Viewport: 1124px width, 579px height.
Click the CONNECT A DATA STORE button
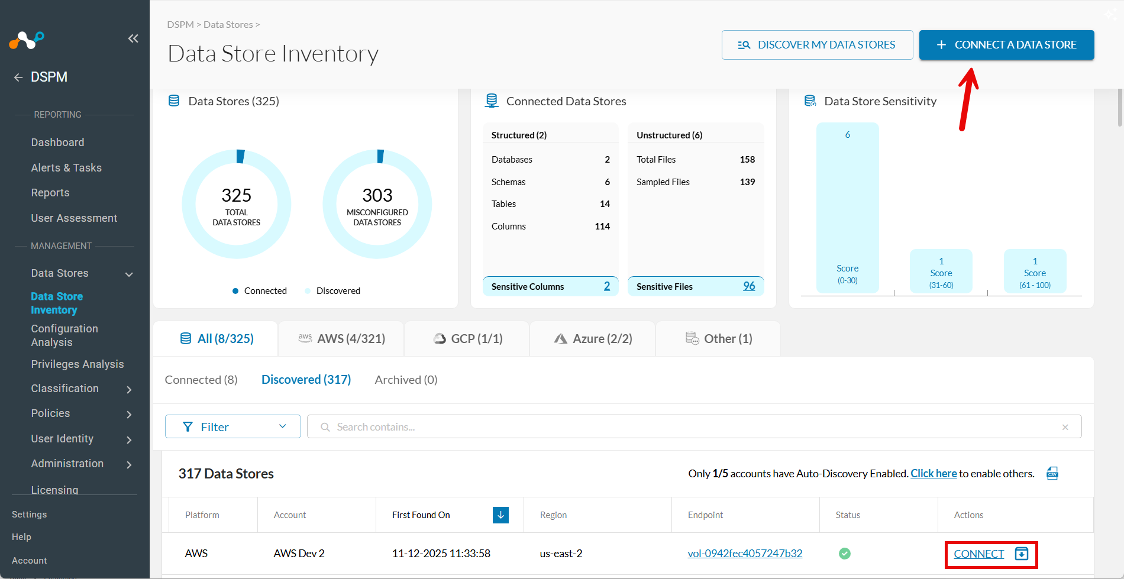[1006, 45]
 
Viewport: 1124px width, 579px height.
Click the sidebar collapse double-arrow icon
[133, 38]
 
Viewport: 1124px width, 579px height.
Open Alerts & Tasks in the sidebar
[66, 168]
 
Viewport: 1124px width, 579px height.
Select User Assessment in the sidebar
[74, 218]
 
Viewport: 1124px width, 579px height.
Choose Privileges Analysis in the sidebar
[77, 364]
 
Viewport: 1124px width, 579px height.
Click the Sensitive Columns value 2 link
[606, 286]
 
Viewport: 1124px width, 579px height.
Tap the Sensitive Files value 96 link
[748, 286]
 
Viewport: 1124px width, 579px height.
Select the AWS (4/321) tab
[342, 339]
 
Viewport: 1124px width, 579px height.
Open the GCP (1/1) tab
[468, 339]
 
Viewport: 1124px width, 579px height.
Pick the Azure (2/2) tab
[593, 339]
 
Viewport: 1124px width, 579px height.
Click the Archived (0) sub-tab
[406, 380]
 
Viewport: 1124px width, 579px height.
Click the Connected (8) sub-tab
[201, 380]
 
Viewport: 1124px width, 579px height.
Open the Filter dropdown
[233, 427]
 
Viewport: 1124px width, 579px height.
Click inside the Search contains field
[686, 427]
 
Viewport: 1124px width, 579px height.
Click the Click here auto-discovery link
[933, 474]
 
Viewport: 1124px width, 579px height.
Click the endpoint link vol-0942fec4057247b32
[745, 554]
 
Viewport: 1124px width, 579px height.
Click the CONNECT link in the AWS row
[978, 554]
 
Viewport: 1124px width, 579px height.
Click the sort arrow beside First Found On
[500, 515]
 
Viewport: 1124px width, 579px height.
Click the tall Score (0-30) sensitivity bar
[847, 207]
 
